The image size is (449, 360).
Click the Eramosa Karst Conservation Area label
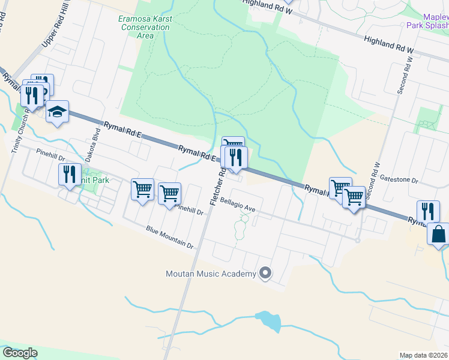tap(145, 27)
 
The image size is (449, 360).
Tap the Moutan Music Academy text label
tap(211, 274)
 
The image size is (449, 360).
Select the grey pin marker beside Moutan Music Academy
tap(265, 274)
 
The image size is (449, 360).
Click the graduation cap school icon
tap(58, 112)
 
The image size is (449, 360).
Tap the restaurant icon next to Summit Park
tap(69, 174)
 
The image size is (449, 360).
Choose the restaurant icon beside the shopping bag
tap(427, 211)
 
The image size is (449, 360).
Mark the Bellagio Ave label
tap(238, 205)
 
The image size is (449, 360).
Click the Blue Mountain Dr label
tap(170, 237)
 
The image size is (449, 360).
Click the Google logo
tap(20, 353)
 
